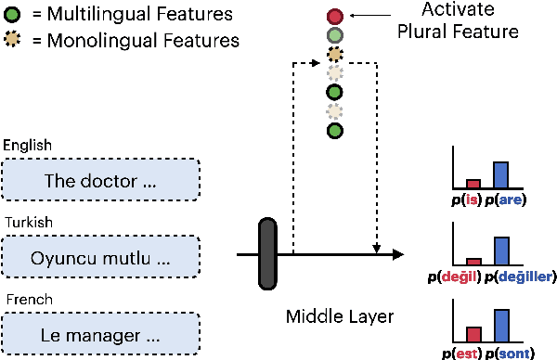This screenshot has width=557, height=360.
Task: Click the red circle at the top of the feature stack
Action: [335, 16]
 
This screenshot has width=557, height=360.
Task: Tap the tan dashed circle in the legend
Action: [14, 41]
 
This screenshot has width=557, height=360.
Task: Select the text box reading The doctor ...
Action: [102, 180]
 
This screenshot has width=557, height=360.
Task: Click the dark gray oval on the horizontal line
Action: [268, 252]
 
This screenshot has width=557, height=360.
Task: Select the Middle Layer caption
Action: [341, 317]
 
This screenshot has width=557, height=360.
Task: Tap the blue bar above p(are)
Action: [500, 174]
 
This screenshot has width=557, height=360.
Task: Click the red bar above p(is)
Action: [473, 183]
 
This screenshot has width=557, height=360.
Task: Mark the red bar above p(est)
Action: [473, 334]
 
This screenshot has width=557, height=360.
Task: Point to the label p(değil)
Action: [457, 276]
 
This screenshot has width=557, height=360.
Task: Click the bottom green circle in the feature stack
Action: [335, 131]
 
